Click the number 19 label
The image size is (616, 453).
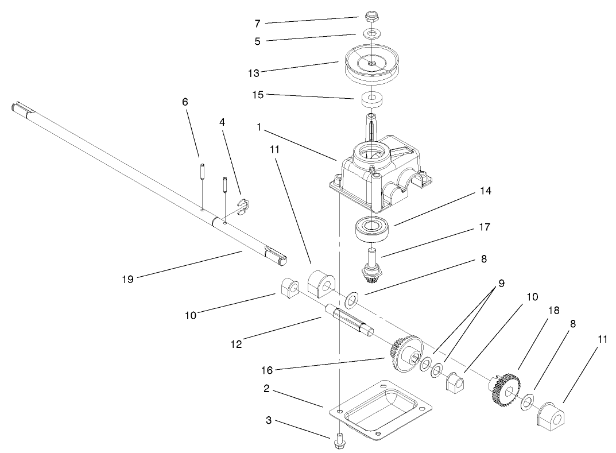[127, 279]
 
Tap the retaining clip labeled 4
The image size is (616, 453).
[242, 207]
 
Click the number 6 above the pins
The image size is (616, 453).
[185, 102]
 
